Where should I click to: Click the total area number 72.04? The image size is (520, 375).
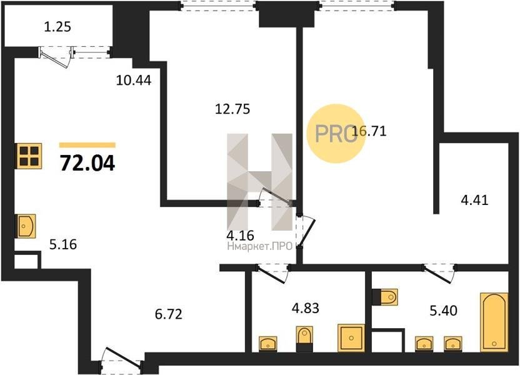[x=87, y=164]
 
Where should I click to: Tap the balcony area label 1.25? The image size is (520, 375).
[x=57, y=27]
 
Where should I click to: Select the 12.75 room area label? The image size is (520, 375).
[x=232, y=109]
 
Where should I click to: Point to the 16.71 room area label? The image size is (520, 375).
[x=369, y=131]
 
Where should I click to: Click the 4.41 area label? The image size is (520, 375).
[x=475, y=200]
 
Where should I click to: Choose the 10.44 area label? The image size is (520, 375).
[x=134, y=80]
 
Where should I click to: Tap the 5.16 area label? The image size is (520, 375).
[x=63, y=244]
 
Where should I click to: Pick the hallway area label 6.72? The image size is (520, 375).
[x=169, y=314]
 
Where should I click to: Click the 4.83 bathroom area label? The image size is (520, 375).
[x=306, y=308]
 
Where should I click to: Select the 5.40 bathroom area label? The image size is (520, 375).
[x=443, y=311]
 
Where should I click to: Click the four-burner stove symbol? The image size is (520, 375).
[x=29, y=156]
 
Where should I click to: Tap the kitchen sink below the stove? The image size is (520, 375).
[x=26, y=226]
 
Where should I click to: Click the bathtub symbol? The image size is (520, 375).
[x=494, y=322]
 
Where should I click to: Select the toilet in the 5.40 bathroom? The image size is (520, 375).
[x=385, y=297]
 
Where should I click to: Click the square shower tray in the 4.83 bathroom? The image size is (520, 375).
[x=351, y=338]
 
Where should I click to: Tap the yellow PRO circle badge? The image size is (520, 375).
[x=336, y=134]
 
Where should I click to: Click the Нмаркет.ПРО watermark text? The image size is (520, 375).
[x=259, y=246]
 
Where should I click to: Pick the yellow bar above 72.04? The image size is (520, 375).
[x=87, y=145]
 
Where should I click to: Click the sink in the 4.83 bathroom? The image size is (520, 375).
[x=268, y=344]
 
